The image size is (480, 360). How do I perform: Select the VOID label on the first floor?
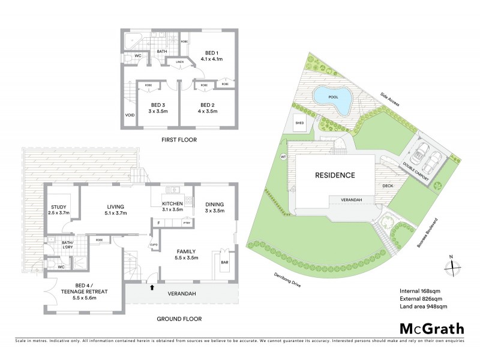[x=129, y=115]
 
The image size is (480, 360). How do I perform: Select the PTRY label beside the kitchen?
[x=186, y=223]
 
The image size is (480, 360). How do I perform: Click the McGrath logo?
[x=431, y=329]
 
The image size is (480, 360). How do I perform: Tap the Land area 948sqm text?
[x=423, y=307]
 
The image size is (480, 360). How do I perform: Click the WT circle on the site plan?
[x=283, y=157]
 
